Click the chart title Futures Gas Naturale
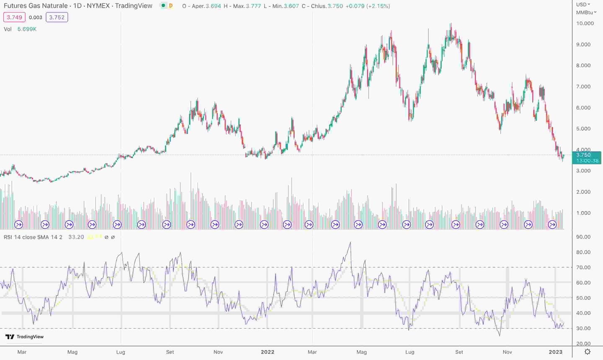click(36, 6)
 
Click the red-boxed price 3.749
click(15, 17)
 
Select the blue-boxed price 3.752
click(57, 17)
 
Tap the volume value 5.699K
click(27, 29)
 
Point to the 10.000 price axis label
click(585, 23)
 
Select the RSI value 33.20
click(76, 237)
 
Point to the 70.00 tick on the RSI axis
click(583, 267)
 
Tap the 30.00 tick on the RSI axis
click(583, 328)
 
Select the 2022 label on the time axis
click(267, 352)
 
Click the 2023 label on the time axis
click(555, 352)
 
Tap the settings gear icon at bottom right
click(588, 352)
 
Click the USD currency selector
click(582, 5)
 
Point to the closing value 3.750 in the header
click(335, 6)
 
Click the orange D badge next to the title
click(170, 6)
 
